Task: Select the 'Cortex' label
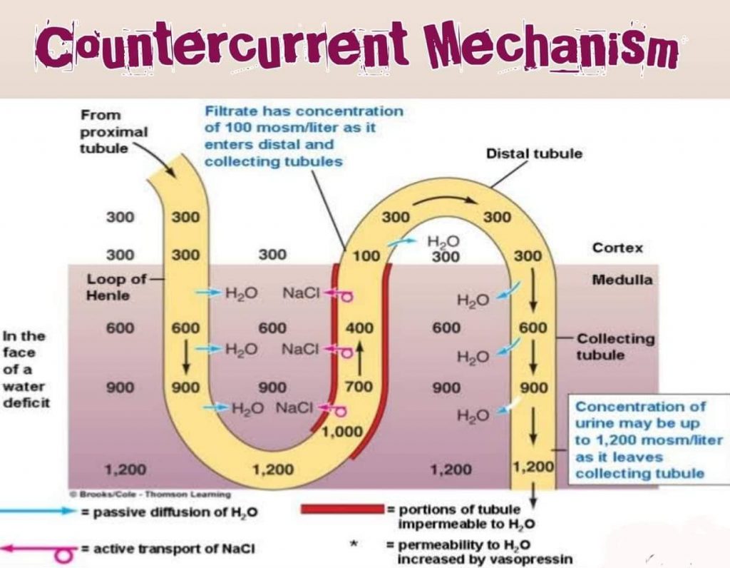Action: [617, 248]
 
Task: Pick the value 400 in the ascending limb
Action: [359, 328]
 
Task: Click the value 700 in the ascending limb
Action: [359, 388]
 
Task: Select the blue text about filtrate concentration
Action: [303, 136]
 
